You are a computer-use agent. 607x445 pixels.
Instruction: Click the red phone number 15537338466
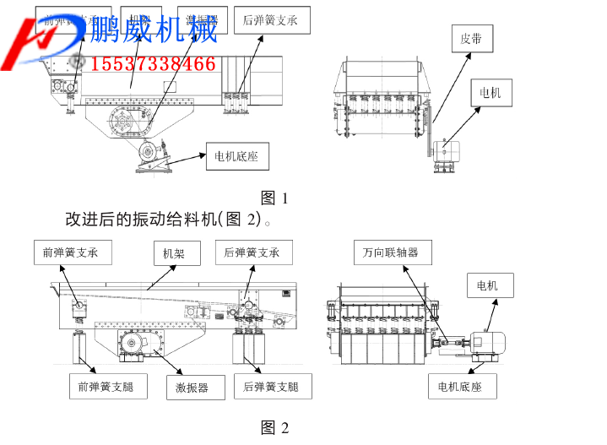pyautogui.click(x=152, y=64)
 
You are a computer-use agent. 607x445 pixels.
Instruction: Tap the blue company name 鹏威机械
pyautogui.click(x=154, y=30)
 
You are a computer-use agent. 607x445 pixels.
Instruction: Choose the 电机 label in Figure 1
pyautogui.click(x=490, y=93)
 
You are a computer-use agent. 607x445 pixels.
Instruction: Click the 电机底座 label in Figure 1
pyautogui.click(x=236, y=156)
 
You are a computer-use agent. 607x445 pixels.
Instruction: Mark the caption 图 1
pyautogui.click(x=275, y=198)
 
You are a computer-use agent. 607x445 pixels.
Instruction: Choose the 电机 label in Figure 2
pyautogui.click(x=488, y=285)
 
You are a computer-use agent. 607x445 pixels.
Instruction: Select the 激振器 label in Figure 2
pyautogui.click(x=192, y=388)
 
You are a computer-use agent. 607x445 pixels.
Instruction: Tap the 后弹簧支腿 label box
pyautogui.click(x=271, y=388)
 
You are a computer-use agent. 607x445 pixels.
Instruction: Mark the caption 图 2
pyautogui.click(x=275, y=428)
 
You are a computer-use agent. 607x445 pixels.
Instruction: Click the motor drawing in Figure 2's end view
pyautogui.click(x=488, y=339)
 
